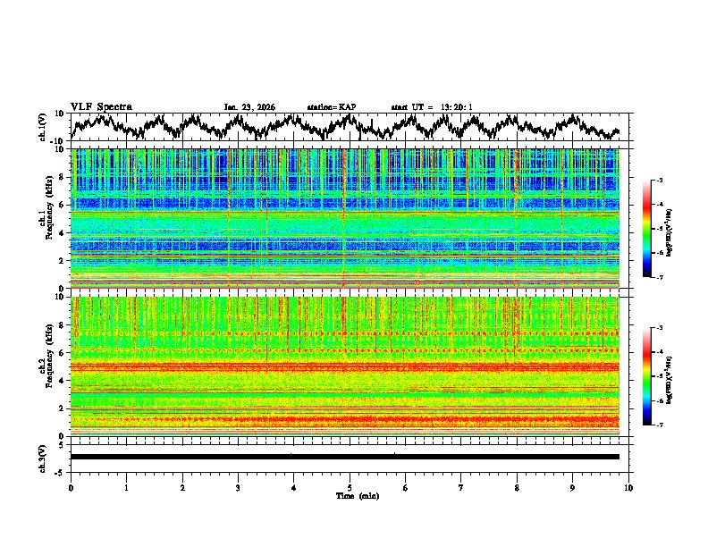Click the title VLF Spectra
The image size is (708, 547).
(101, 107)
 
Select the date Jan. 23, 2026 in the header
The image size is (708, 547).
(249, 107)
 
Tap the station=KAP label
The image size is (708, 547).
(332, 107)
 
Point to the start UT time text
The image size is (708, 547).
(432, 107)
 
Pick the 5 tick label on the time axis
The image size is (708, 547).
(350, 487)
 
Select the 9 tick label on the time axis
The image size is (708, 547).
(573, 487)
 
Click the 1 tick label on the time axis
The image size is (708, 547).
(126, 487)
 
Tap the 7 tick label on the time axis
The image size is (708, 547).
(461, 487)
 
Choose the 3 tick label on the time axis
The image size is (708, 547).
(238, 487)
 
